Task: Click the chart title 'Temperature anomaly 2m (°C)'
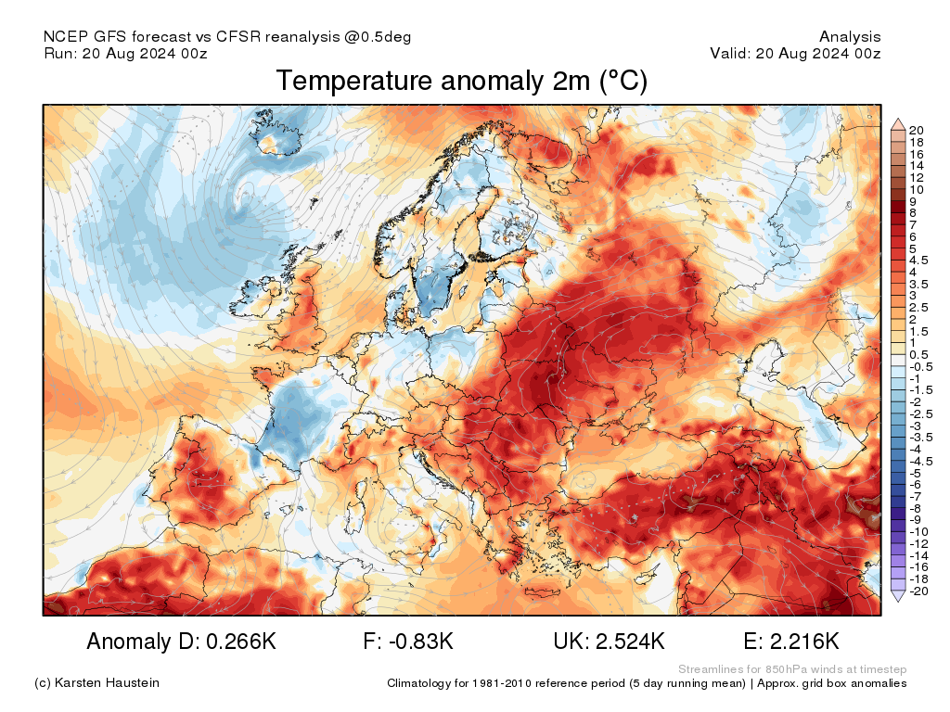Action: (x=461, y=82)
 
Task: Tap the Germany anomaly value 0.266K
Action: (x=236, y=642)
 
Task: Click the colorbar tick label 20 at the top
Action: (x=917, y=130)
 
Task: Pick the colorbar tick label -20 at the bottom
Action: (x=918, y=591)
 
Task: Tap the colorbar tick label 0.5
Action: (x=918, y=354)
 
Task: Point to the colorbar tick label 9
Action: (x=914, y=201)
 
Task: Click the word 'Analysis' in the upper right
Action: (x=850, y=37)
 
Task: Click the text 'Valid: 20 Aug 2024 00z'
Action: (x=795, y=54)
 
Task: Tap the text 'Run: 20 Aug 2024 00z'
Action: (x=125, y=54)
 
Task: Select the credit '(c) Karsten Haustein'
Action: (x=96, y=683)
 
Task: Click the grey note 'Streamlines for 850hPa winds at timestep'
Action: (x=792, y=669)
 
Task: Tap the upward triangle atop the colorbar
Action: (x=897, y=123)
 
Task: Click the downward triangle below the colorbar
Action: (x=897, y=597)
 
